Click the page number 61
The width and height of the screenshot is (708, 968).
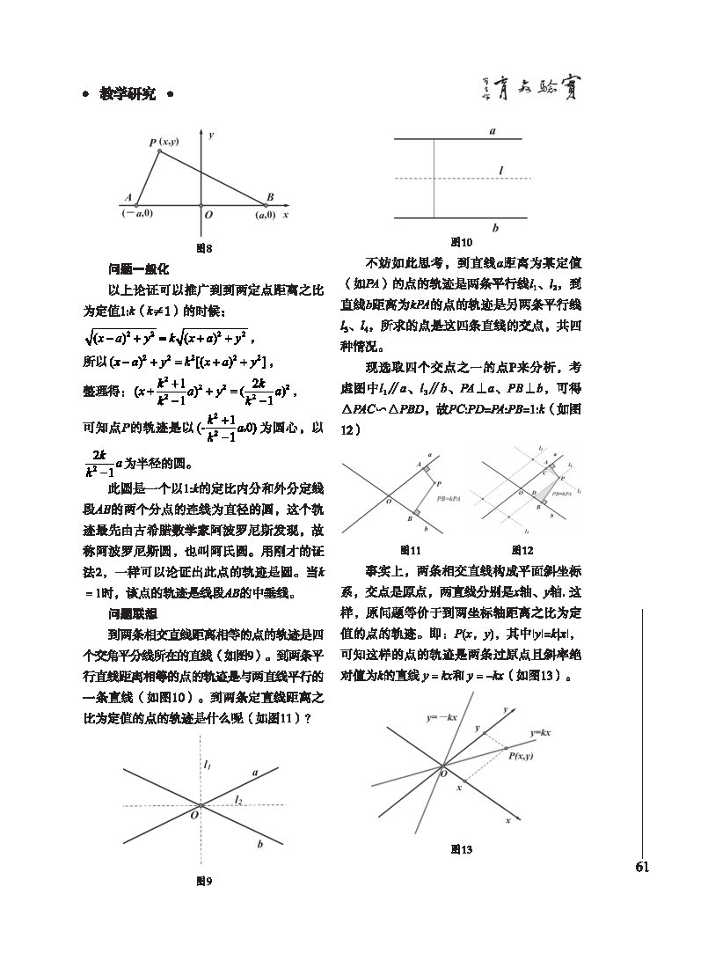[x=642, y=868]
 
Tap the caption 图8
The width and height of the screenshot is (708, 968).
[x=204, y=248]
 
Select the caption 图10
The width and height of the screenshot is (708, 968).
[x=461, y=242]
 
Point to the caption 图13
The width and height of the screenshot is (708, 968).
[x=461, y=849]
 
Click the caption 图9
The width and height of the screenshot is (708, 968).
[x=204, y=880]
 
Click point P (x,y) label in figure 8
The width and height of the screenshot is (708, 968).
[x=163, y=142]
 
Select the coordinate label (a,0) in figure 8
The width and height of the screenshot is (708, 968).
[x=266, y=214]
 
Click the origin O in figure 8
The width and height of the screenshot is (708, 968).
[x=208, y=214]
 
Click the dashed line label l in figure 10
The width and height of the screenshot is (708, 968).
[x=500, y=170]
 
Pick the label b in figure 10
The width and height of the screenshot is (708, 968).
[x=495, y=228]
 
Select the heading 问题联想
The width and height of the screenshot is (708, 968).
[x=133, y=613]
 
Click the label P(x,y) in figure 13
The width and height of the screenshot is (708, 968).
[x=521, y=754]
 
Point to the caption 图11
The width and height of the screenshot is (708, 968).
[x=406, y=551]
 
